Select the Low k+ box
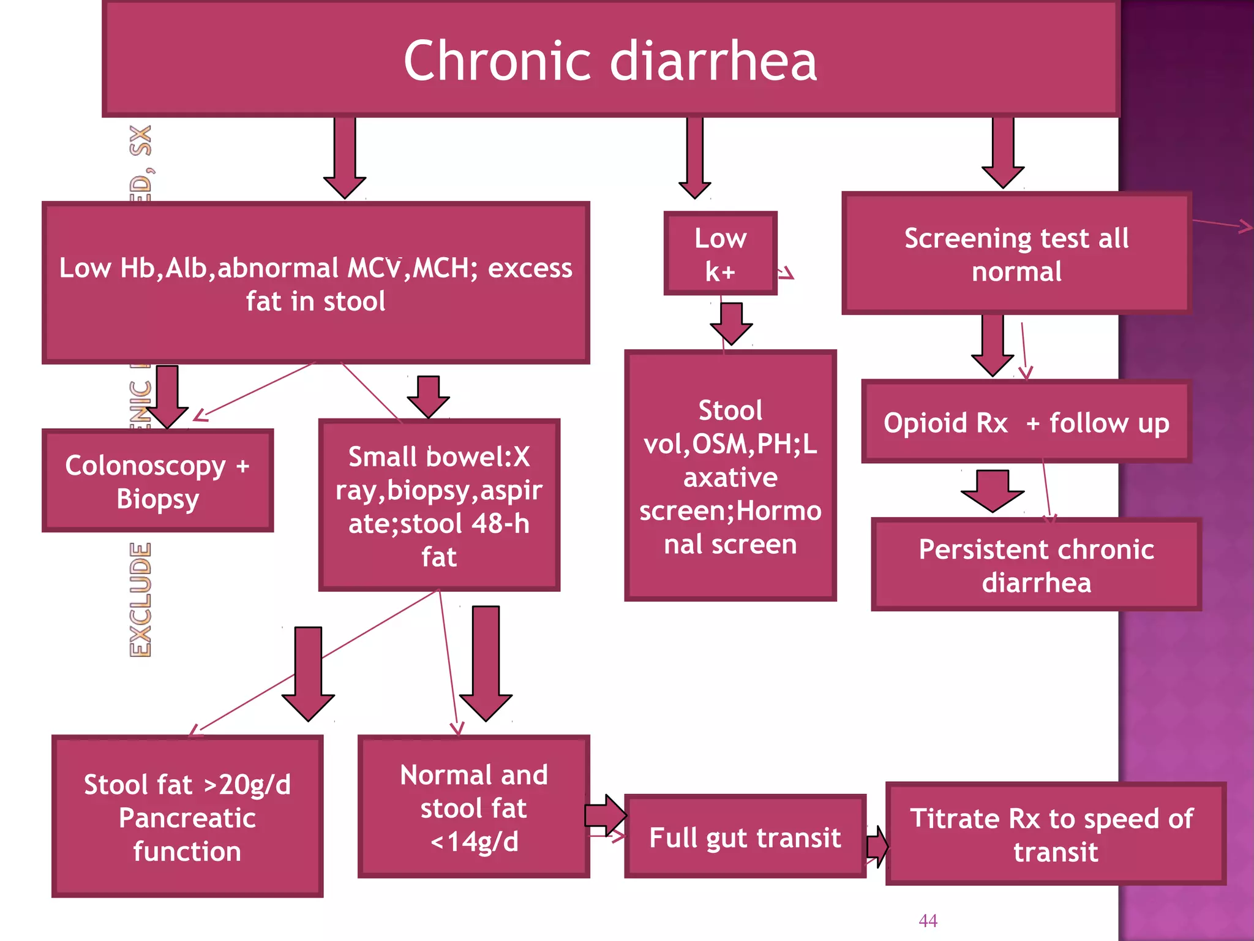point(720,254)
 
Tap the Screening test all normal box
point(1016,254)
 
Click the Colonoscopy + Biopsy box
point(157,481)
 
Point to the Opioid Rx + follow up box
point(1026,423)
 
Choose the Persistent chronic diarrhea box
point(1036,565)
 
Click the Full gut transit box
point(745,837)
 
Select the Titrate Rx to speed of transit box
point(1055,834)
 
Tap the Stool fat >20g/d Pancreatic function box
point(187,817)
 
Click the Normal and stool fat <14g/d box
point(473,807)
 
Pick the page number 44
point(928,920)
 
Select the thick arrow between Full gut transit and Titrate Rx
point(877,847)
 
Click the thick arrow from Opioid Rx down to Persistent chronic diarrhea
point(992,491)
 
